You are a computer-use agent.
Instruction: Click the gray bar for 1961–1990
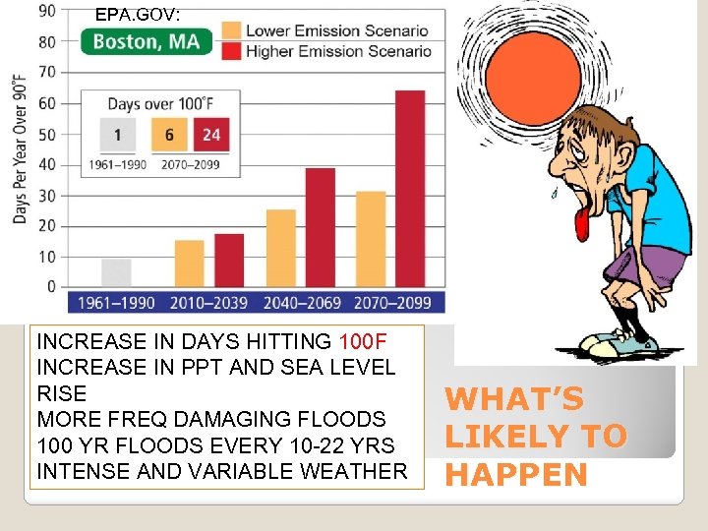pyautogui.click(x=116, y=272)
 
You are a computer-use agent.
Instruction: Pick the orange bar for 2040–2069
pyautogui.click(x=280, y=248)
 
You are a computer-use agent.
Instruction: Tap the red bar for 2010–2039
pyautogui.click(x=228, y=261)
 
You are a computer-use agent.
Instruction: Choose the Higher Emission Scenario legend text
pyautogui.click(x=338, y=51)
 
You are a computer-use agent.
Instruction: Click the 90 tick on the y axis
pyautogui.click(x=46, y=11)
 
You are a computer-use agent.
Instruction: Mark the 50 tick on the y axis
pyautogui.click(x=46, y=134)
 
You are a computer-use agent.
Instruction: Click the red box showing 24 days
pyautogui.click(x=211, y=135)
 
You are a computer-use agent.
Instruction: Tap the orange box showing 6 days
pyautogui.click(x=169, y=135)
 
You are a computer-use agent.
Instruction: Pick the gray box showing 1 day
pyautogui.click(x=117, y=135)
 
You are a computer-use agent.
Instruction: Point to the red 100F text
pyautogui.click(x=362, y=342)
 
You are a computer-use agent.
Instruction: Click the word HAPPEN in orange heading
pyautogui.click(x=516, y=475)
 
